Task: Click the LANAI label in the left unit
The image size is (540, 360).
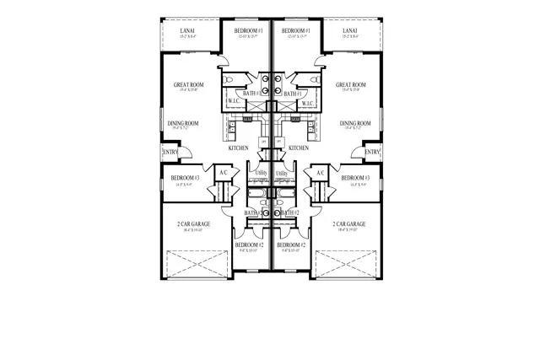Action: coord(188,30)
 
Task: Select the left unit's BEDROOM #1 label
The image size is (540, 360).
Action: coord(249,30)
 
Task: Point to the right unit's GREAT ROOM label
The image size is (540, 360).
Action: coord(350,85)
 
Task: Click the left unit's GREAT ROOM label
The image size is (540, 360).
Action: coord(189,85)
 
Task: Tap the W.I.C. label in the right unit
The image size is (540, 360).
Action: coord(306,104)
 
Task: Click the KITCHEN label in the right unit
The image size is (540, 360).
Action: coord(299,148)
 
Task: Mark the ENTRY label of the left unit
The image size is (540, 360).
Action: coord(170,152)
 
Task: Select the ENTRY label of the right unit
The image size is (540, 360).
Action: coord(370,152)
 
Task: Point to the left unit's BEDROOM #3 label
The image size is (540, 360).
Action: coord(184,178)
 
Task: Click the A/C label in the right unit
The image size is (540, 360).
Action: coord(320,173)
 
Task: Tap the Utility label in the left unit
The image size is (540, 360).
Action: coord(261,173)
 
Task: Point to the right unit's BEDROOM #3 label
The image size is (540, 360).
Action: coord(355,178)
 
